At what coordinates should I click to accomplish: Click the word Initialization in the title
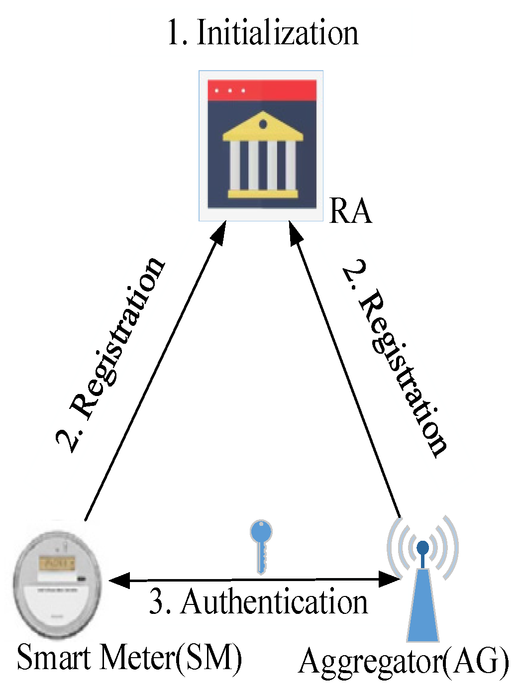(x=277, y=33)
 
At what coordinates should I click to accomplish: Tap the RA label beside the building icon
(x=350, y=211)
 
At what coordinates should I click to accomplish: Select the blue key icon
(x=261, y=545)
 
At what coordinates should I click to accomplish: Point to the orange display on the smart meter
(x=57, y=563)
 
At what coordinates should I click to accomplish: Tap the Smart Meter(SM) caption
(x=129, y=658)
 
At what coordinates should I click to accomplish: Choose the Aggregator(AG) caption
(x=404, y=662)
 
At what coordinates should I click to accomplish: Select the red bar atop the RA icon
(x=262, y=91)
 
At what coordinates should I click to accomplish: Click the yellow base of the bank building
(x=262, y=194)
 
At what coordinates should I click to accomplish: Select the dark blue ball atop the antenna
(x=422, y=548)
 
